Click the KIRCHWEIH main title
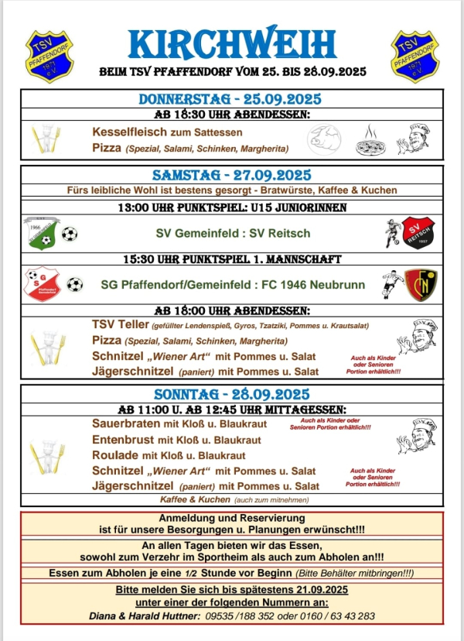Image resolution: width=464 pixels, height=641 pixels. (233, 45)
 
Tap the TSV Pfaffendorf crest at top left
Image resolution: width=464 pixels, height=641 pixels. (48, 53)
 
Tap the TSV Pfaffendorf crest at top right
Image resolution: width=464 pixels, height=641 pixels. (415, 53)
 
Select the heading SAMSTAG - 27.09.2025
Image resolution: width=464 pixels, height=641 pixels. (232, 174)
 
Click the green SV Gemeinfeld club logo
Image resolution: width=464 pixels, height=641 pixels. (41, 231)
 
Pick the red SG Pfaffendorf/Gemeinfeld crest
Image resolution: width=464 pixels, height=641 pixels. (41, 284)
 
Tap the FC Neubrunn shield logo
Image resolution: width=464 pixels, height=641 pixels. (420, 284)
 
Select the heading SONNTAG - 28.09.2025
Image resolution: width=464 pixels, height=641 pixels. (232, 393)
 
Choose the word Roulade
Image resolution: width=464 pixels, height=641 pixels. (114, 455)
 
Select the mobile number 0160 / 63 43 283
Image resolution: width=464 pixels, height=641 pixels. (337, 616)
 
